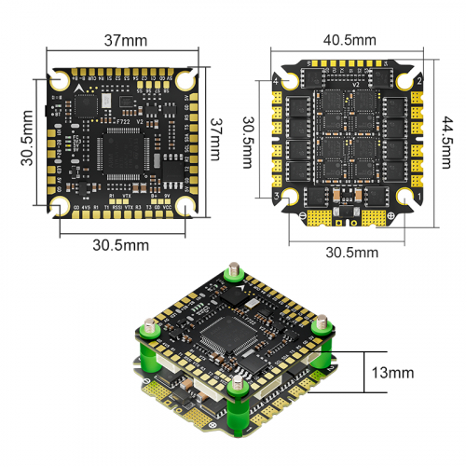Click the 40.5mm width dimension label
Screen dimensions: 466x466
[349, 40]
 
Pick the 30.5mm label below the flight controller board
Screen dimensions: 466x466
[121, 244]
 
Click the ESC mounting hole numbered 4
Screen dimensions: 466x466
[288, 83]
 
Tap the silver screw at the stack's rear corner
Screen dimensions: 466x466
[232, 273]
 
